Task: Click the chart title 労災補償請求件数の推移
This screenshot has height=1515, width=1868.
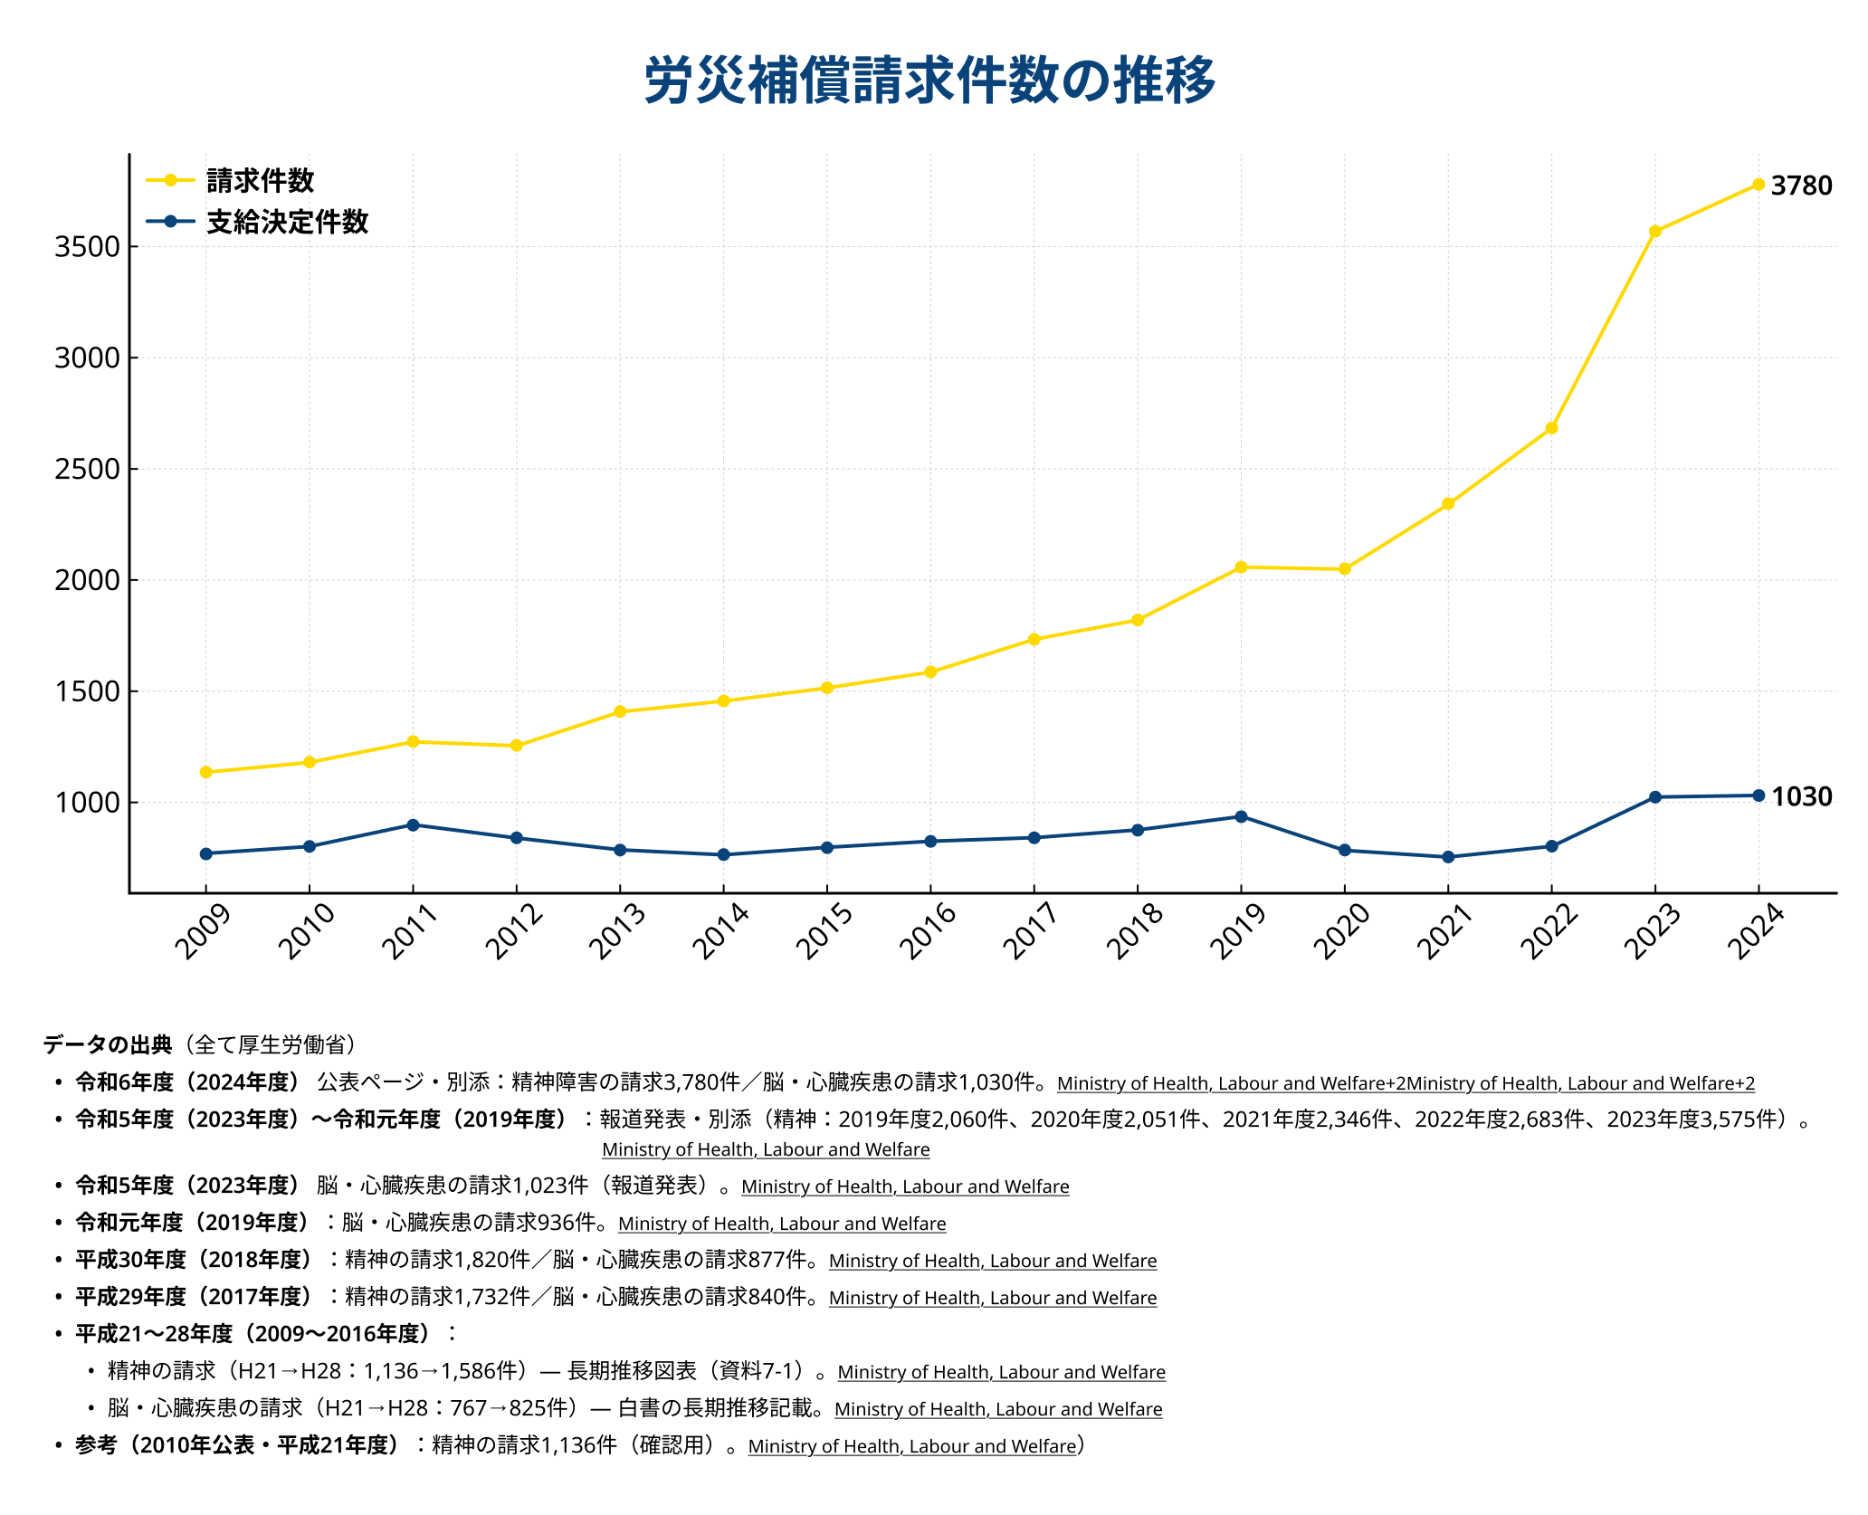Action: pos(929,81)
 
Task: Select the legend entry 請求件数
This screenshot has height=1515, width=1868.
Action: pos(260,181)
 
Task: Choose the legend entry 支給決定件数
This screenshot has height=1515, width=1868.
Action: pos(287,222)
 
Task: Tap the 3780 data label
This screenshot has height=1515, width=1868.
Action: pos(1800,186)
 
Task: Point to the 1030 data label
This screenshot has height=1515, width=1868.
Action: pos(1800,796)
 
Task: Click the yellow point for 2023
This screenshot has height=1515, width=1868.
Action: pos(1654,232)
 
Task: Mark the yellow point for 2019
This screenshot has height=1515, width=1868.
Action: pos(1241,567)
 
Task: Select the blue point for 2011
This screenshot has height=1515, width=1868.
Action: pos(413,825)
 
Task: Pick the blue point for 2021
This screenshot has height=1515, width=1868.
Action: pos(1448,857)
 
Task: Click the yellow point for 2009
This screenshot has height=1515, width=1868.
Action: pos(205,772)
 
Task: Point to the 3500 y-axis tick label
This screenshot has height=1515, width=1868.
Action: pos(87,247)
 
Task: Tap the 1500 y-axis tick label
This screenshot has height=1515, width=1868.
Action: pos(87,691)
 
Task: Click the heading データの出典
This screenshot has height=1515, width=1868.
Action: pos(107,1045)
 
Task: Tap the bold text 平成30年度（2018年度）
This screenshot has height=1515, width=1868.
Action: pos(194,1260)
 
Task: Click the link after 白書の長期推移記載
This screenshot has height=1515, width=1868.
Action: pos(998,1409)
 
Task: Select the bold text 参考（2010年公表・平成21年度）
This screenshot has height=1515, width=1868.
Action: pos(237,1445)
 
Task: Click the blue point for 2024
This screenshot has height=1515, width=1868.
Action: pos(1758,796)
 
